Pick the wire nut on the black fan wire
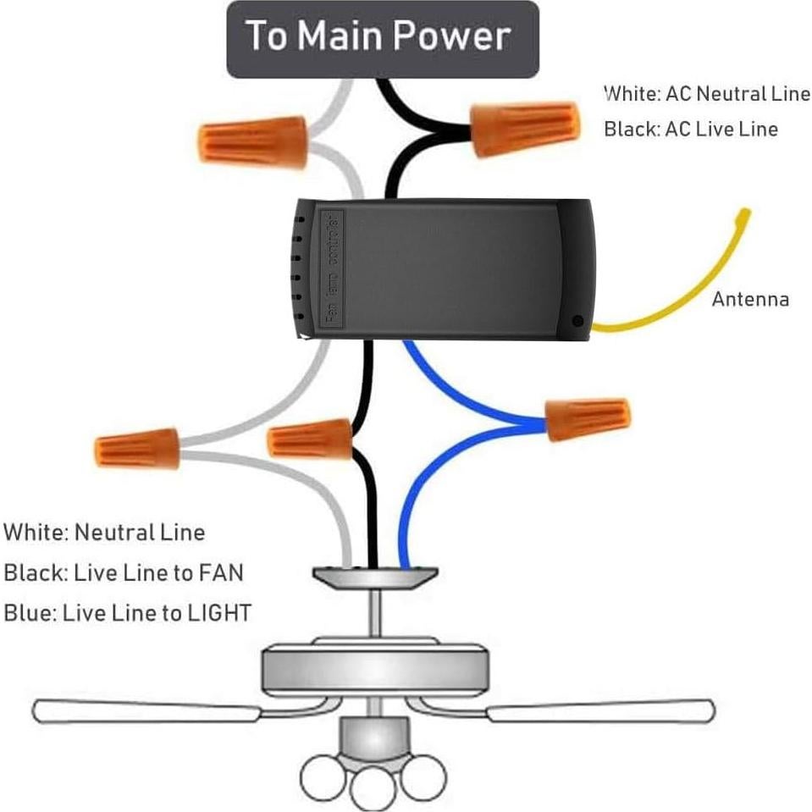point(310,439)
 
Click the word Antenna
point(749,299)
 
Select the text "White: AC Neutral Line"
point(706,93)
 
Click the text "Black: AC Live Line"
point(690,130)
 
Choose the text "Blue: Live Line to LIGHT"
point(127,612)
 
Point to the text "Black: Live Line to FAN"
point(123,573)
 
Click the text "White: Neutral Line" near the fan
point(104,533)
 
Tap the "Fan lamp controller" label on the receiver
point(334,268)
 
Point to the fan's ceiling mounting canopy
point(375,577)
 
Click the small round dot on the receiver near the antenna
point(577,321)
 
